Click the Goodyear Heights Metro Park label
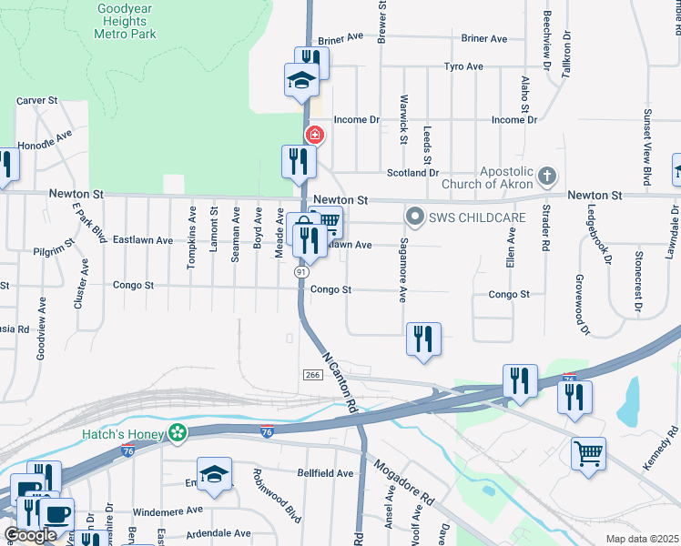pyautogui.click(x=125, y=21)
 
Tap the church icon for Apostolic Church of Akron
pyautogui.click(x=546, y=175)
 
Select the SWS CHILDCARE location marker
pyautogui.click(x=415, y=216)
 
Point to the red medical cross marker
pyautogui.click(x=315, y=136)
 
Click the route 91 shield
pyautogui.click(x=300, y=271)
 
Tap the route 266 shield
pyautogui.click(x=310, y=374)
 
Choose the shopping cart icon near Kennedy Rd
pyautogui.click(x=589, y=451)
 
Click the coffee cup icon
pyautogui.click(x=57, y=512)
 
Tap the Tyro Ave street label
pyautogui.click(x=463, y=66)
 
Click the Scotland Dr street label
pyautogui.click(x=412, y=172)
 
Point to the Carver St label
pyautogui.click(x=37, y=100)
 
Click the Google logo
pyautogui.click(x=30, y=535)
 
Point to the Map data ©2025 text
pyautogui.click(x=641, y=539)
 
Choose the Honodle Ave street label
pyautogui.click(x=45, y=139)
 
